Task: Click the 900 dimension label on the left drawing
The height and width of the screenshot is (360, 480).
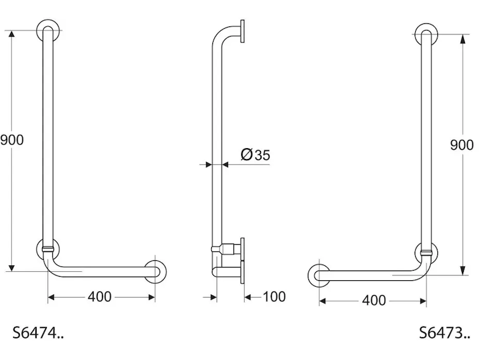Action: click(x=11, y=140)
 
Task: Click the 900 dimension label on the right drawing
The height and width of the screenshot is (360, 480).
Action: click(x=461, y=145)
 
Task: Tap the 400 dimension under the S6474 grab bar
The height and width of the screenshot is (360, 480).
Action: click(x=100, y=297)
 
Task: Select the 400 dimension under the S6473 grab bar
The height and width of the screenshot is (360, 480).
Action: click(x=374, y=301)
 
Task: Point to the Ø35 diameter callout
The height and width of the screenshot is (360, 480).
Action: click(x=256, y=155)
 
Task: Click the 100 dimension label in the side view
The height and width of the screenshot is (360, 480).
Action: click(x=274, y=296)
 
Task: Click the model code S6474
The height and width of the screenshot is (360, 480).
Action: click(x=38, y=332)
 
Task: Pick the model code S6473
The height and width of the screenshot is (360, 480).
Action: click(x=445, y=332)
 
